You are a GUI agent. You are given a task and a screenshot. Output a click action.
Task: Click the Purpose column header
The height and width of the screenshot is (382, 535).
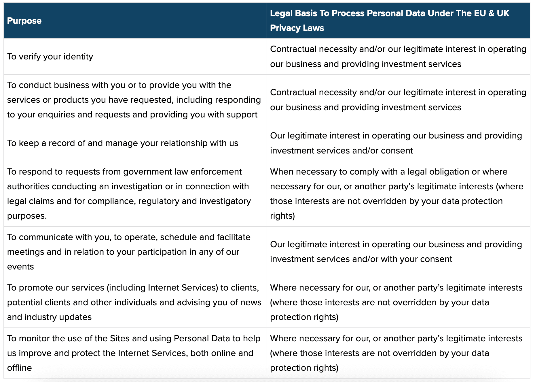(x=24, y=21)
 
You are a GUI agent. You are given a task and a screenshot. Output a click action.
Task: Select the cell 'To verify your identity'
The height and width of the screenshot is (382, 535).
(x=50, y=57)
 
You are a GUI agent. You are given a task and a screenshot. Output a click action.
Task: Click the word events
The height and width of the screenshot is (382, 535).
(x=20, y=267)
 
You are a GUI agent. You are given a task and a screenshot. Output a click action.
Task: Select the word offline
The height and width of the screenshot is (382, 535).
(x=20, y=368)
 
